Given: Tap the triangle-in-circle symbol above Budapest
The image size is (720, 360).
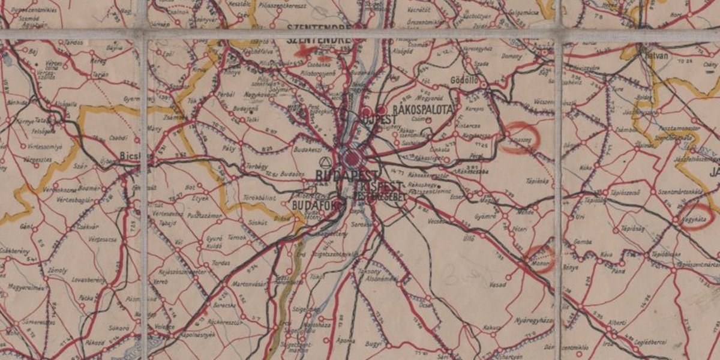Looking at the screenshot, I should click(x=325, y=162).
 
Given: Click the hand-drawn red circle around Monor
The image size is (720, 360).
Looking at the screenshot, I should click(x=539, y=259).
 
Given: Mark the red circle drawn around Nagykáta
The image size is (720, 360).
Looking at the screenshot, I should click(x=697, y=217).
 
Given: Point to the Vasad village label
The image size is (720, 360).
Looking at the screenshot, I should click(x=497, y=284).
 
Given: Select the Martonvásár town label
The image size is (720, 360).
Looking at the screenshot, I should click(x=248, y=284).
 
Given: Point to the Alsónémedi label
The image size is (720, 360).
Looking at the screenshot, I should click(x=383, y=278).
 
